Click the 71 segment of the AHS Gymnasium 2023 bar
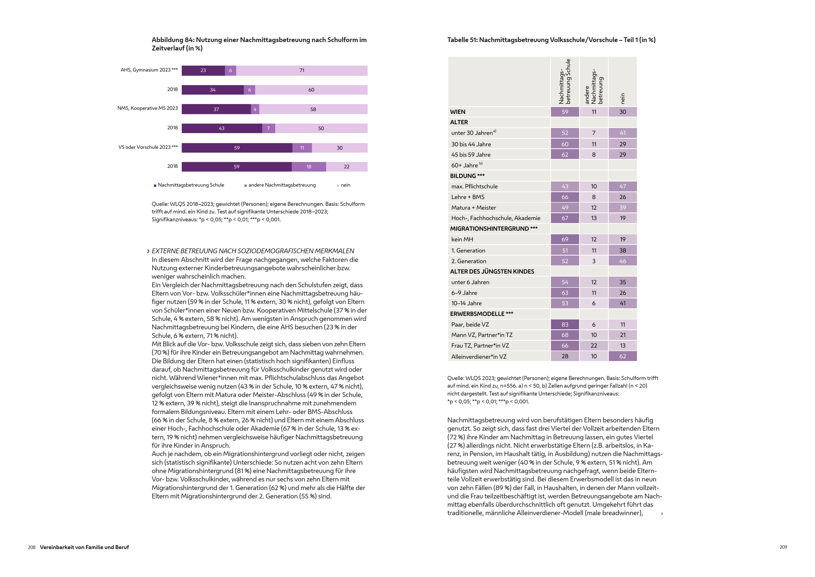302,70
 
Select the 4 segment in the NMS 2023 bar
255,109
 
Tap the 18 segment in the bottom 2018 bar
308,167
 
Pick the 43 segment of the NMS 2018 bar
221,128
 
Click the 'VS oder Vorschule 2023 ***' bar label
148,147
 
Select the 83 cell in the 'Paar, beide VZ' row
564,324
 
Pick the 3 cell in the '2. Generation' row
594,261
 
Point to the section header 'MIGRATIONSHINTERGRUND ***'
493,229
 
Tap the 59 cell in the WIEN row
564,112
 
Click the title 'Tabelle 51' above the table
551,40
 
